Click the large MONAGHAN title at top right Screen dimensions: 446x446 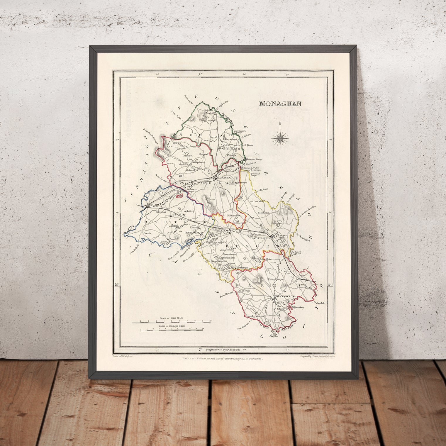pos(281,104)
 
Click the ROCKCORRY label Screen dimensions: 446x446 pos(192,233)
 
